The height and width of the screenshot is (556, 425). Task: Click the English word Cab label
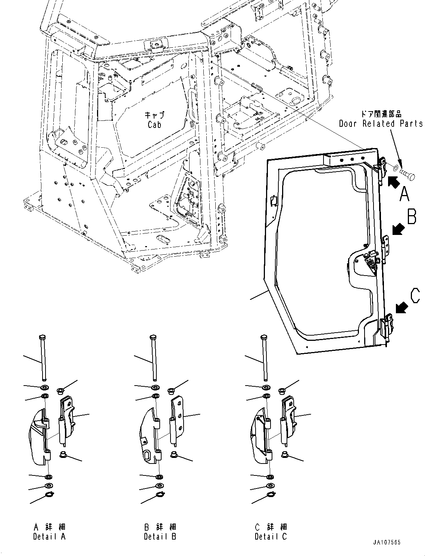click(154, 125)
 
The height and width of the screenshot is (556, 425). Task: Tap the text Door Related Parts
click(381, 123)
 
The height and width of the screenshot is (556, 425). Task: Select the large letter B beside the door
click(412, 217)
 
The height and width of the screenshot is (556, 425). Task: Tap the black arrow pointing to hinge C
click(401, 308)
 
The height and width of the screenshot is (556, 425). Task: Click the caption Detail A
click(49, 537)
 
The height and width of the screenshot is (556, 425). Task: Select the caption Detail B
click(160, 537)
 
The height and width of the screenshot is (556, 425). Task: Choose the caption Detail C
click(271, 537)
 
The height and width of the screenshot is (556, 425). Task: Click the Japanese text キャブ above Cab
click(154, 115)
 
